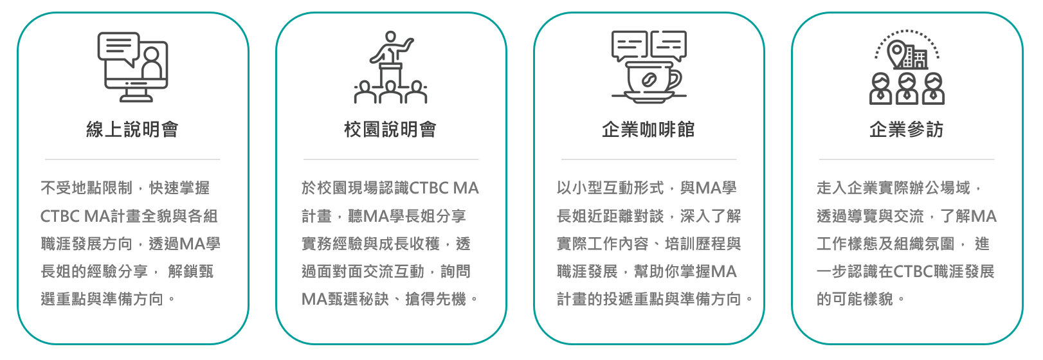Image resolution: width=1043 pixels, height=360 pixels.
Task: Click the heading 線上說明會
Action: [132, 130]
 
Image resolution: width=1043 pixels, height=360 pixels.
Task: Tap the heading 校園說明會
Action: [390, 130]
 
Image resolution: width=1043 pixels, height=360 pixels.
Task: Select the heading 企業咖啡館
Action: [648, 130]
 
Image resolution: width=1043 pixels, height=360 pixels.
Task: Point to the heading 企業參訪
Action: [906, 130]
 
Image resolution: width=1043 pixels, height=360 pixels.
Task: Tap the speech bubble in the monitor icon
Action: [118, 46]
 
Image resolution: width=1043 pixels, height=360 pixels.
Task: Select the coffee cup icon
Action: [647, 78]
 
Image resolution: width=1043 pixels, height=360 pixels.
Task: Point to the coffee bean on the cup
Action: [648, 80]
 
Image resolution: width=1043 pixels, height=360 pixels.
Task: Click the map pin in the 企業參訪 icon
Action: [896, 51]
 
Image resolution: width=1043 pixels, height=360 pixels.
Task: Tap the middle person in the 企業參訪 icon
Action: [907, 89]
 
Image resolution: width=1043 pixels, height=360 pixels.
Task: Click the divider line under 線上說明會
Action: [132, 159]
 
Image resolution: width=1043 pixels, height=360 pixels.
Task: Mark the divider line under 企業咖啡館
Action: [648, 159]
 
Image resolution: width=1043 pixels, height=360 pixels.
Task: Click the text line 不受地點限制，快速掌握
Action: [125, 188]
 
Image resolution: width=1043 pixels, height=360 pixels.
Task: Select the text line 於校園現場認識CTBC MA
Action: [390, 188]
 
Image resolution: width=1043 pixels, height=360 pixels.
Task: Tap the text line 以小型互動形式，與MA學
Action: [647, 188]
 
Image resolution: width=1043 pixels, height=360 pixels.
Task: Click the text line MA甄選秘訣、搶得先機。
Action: [390, 299]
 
